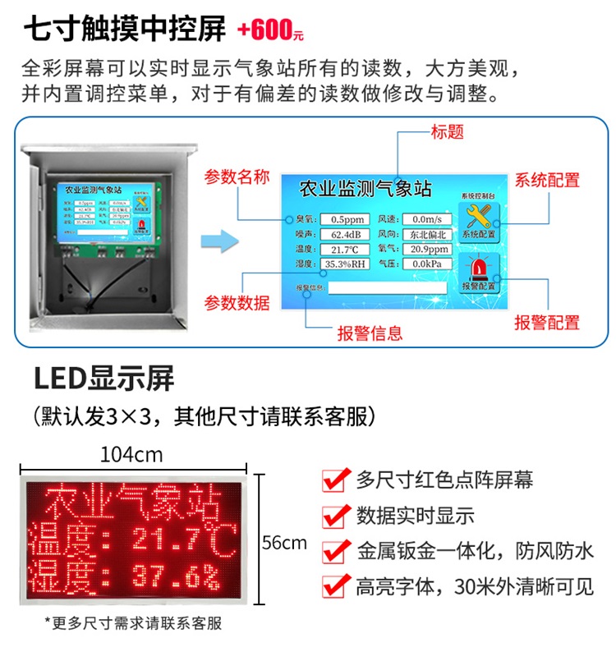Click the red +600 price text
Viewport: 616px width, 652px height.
[270, 30]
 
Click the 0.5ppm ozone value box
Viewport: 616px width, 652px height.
[343, 219]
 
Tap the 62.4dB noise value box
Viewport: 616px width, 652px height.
[343, 234]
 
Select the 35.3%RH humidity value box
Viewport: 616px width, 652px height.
[343, 264]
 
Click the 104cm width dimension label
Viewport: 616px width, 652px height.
[131, 454]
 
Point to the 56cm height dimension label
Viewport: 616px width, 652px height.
[284, 542]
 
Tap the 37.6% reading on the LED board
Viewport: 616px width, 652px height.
[176, 578]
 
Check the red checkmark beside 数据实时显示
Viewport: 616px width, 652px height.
[333, 516]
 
